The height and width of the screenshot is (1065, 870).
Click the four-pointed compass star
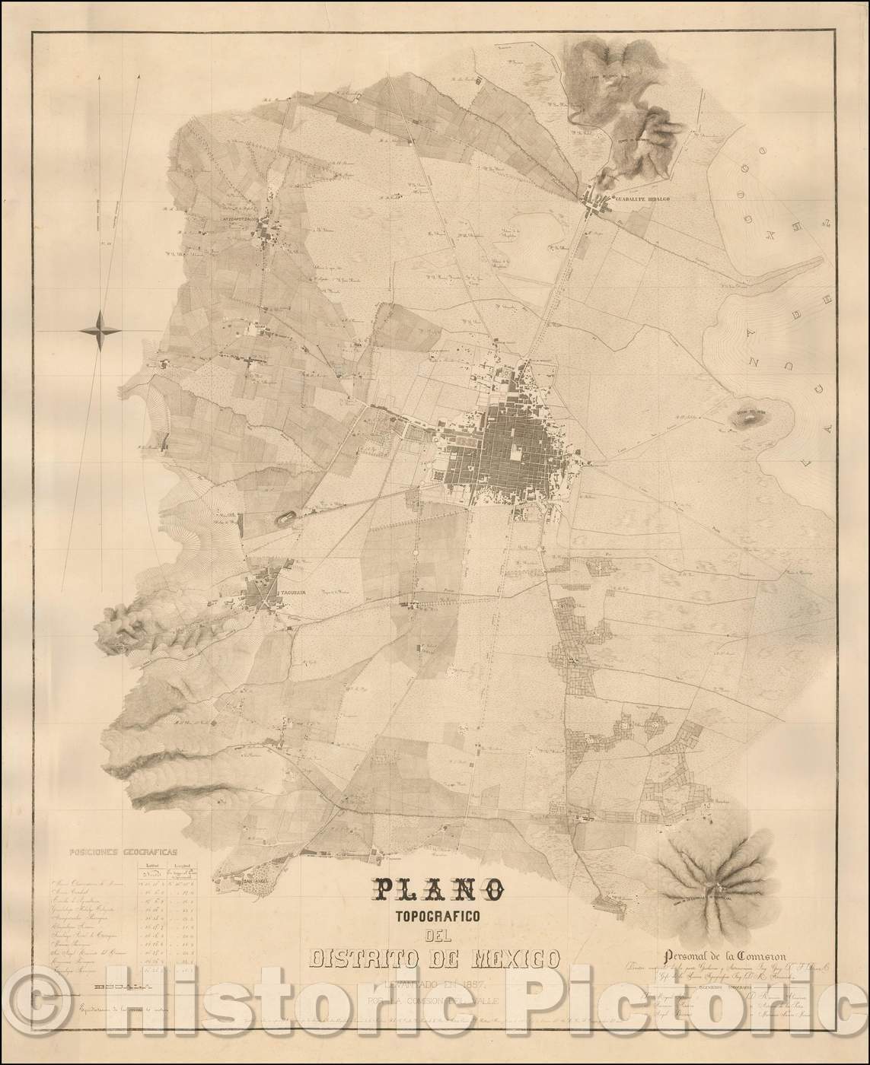[100, 329]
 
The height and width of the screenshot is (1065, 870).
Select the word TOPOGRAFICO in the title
[435, 917]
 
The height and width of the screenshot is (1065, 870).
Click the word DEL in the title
[435, 936]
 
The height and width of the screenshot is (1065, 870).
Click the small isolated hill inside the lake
[752, 415]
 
